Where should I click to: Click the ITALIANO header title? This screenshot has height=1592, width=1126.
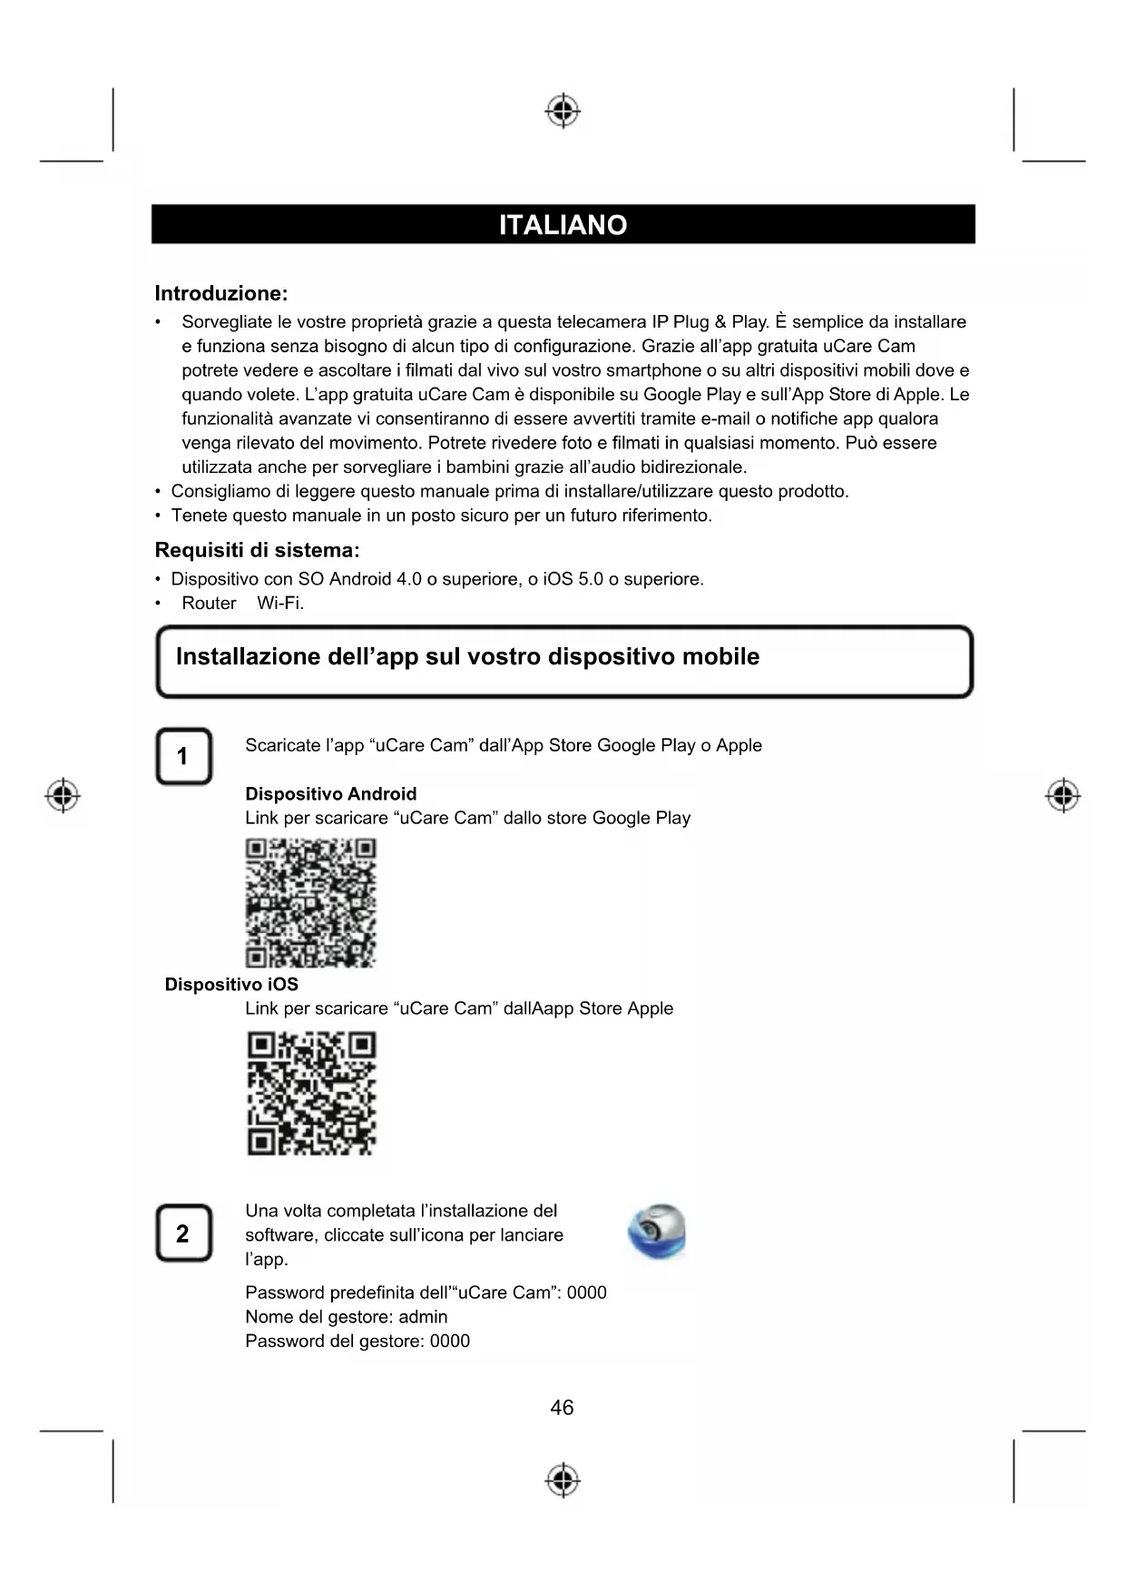pos(563,225)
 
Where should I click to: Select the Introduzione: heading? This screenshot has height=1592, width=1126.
pos(220,293)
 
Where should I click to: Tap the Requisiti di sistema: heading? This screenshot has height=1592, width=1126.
pos(257,550)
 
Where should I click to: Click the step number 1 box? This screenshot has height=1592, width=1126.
pos(183,756)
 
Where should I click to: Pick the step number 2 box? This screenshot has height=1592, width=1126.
pos(183,1233)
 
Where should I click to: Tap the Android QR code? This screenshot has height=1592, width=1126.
pos(310,902)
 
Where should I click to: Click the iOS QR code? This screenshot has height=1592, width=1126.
pos(311,1093)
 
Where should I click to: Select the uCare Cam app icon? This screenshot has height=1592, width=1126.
pos(657,1233)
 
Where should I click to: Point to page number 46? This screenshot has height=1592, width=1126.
pos(562,1408)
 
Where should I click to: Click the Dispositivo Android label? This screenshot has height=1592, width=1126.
pos(330,794)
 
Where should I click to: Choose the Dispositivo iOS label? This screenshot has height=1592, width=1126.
pos(231,985)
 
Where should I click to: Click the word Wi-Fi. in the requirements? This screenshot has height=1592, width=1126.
pos(280,604)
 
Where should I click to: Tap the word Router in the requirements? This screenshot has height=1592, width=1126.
pos(209,604)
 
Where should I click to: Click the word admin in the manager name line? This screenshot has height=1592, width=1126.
pos(423,1317)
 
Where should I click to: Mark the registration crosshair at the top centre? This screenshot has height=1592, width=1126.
pos(563,111)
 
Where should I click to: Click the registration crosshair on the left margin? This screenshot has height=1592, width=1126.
pos(63,796)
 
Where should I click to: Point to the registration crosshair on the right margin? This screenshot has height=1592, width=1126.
pos(1062,796)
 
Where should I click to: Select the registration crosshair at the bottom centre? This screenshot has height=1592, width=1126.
pos(563,1480)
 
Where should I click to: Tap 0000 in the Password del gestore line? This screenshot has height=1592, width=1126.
pos(449,1341)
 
